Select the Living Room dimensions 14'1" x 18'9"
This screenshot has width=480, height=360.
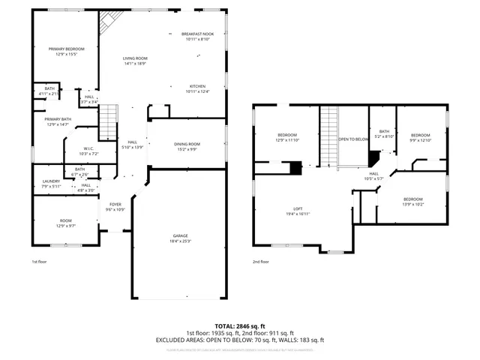[135, 64]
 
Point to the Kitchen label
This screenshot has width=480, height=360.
[197, 86]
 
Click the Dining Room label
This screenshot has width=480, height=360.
[187, 144]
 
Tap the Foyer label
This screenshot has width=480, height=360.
[115, 204]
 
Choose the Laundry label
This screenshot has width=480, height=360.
[51, 181]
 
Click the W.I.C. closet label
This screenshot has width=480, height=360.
[88, 148]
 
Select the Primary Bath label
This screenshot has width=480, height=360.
[58, 119]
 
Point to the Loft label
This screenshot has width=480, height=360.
[298, 208]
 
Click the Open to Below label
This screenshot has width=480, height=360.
[353, 139]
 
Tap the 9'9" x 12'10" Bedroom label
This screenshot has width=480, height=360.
[419, 135]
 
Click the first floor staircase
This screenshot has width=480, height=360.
[109, 122]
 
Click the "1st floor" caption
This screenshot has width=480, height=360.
[40, 262]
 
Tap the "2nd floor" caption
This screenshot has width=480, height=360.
[260, 262]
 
